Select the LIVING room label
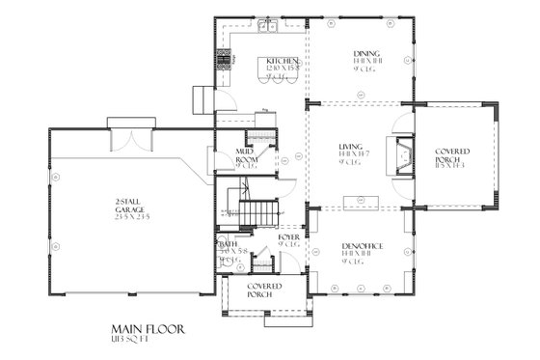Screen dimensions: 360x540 click(x=350, y=149)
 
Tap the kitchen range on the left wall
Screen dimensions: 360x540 click(x=228, y=61)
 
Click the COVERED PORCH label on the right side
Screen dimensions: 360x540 click(x=451, y=156)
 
